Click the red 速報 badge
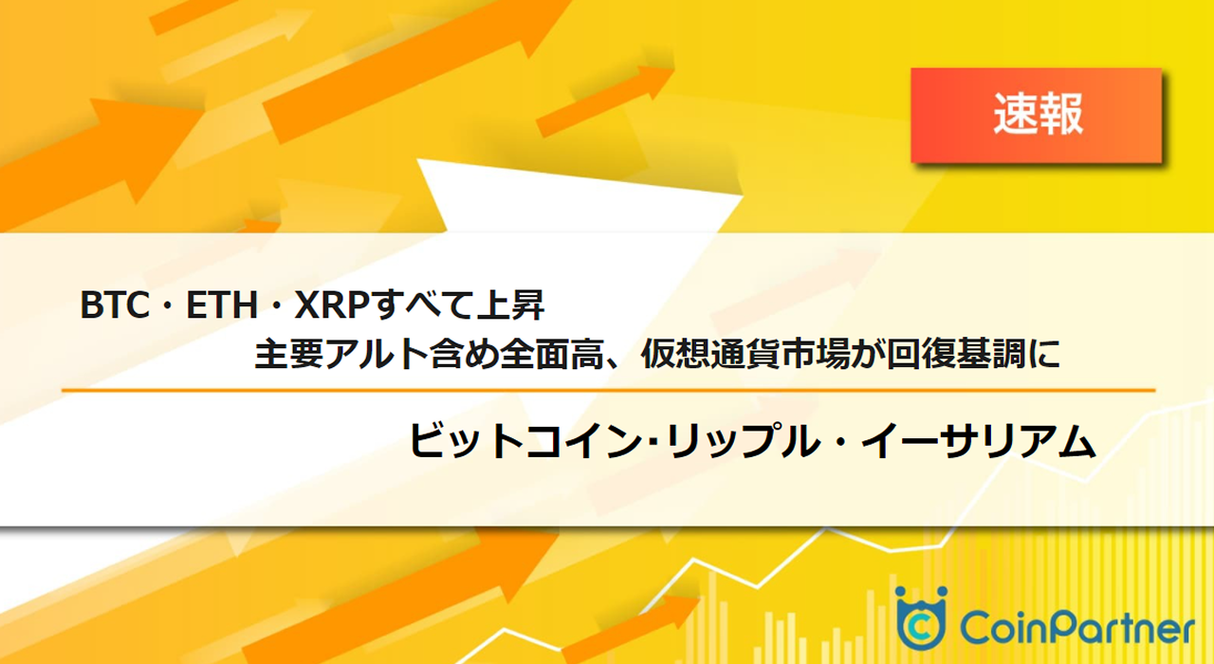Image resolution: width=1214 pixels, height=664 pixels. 1037,115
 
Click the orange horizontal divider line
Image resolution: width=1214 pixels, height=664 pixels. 607,390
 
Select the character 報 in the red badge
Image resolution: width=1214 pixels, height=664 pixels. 1060,115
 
